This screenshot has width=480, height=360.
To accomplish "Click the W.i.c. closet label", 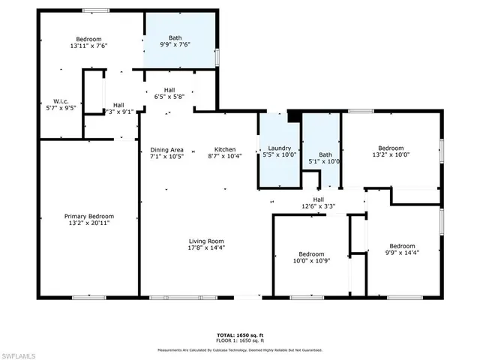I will pos(61,102).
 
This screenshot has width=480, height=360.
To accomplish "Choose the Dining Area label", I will pos(166,148).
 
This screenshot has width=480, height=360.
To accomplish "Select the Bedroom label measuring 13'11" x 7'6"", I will pos(88,38).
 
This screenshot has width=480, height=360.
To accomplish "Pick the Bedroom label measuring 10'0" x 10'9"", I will pos(310,253).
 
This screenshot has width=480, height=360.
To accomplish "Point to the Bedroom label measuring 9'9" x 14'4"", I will pos(402,246).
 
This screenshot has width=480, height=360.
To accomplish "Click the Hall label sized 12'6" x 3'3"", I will pos(318,199).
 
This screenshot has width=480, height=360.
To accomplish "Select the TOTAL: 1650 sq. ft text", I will pos(239,334).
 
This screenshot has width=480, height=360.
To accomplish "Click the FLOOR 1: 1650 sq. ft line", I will pos(239,340).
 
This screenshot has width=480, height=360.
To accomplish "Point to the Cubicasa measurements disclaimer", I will pos(239,349).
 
